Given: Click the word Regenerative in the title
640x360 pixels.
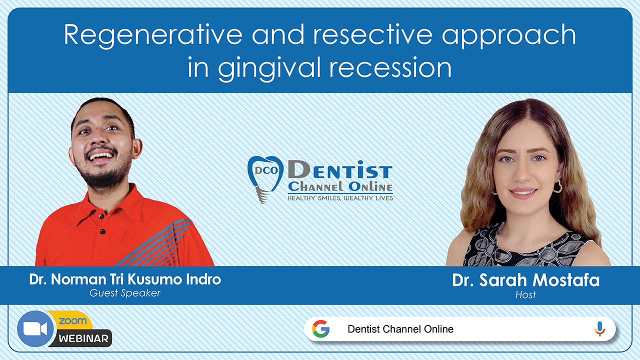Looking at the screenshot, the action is point(153,35).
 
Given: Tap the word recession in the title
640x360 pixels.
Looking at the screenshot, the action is point(390,67).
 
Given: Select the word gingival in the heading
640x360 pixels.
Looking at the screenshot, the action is point(269,68).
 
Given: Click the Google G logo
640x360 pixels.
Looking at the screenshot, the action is point(321,329).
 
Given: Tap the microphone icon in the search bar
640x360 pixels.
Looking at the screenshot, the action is point(599,329).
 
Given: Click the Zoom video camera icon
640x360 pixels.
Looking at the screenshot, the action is point(35,329).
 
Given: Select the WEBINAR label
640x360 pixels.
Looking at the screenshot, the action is point(83,339).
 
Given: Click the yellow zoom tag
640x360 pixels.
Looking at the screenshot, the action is point(72,320).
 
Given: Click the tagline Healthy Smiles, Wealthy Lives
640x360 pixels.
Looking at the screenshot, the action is point(340,198).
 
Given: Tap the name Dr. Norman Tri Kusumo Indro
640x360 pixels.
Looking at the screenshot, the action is point(125,279).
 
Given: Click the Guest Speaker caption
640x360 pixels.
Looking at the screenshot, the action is point(125,293).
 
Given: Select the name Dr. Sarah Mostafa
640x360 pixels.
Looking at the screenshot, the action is point(525,280).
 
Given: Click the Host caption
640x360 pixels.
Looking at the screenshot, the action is point(525,294).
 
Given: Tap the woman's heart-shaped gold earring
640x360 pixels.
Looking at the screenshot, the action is point(557,186).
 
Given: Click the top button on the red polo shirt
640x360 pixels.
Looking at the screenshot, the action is point(101,217).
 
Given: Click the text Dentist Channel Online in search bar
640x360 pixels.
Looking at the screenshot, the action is point(400,329).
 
